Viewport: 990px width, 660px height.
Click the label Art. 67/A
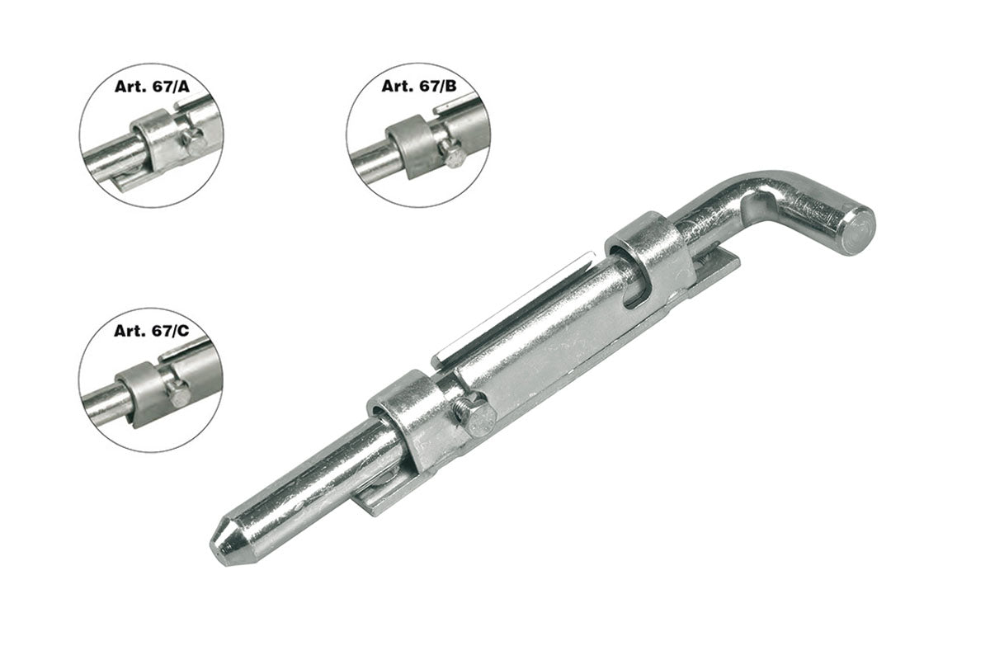coord(152,87)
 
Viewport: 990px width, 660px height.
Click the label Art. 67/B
coord(418,86)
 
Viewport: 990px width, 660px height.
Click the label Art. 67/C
coord(152,331)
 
